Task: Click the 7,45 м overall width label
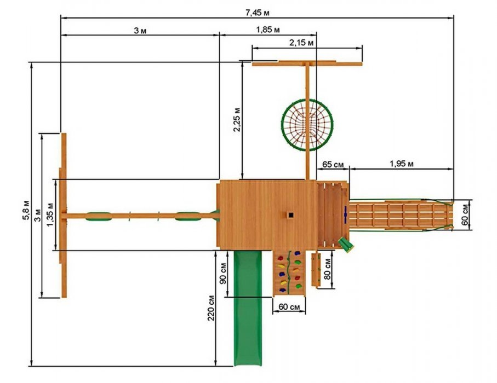[x=257, y=13]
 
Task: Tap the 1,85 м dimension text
[x=268, y=30]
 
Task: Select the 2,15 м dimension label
[x=301, y=43]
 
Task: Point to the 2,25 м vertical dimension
[x=237, y=119]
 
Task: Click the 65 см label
[x=333, y=165]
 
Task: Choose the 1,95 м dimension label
[x=402, y=164]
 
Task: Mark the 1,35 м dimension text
[x=50, y=214]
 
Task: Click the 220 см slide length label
[x=211, y=308]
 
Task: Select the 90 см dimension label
[x=223, y=274]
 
